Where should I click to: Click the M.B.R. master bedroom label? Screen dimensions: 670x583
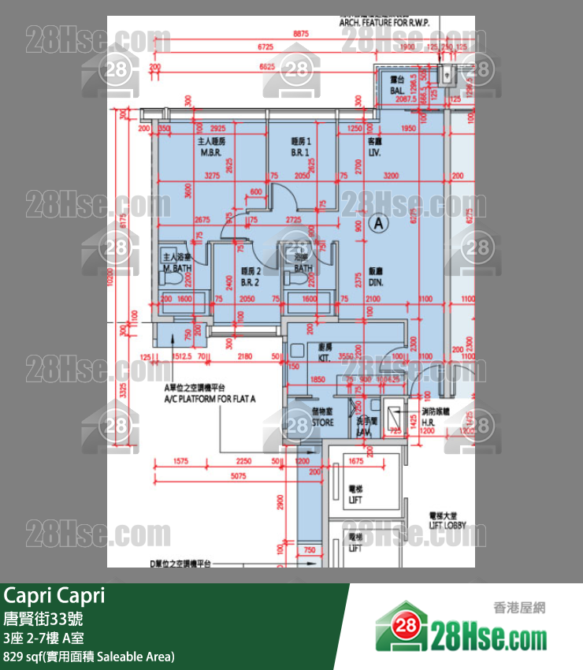coord(210,153)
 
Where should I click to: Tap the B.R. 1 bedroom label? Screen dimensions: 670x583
coord(299,153)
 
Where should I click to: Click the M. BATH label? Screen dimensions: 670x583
coord(177,269)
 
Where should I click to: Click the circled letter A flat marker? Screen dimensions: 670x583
coord(379,224)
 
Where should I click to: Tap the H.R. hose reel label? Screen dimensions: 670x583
coord(429,422)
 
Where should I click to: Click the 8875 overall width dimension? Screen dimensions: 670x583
coord(300,35)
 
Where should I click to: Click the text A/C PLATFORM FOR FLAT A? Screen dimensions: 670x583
coord(210,399)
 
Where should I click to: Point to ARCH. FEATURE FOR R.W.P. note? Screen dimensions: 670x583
coord(384,23)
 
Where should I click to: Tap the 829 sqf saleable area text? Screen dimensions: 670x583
coord(89,656)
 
